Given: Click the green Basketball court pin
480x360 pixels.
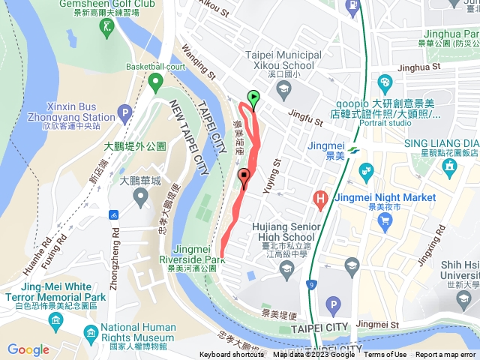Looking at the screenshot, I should click(x=155, y=81).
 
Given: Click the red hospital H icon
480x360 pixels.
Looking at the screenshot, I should click(x=320, y=199).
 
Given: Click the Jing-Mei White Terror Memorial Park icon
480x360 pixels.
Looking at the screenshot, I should click(x=55, y=321).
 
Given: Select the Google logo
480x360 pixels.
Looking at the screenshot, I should click(x=28, y=349).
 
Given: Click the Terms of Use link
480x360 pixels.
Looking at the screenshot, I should click(x=385, y=355).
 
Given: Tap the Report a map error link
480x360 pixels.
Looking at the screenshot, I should click(x=446, y=355).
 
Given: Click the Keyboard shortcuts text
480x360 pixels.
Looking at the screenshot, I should click(x=232, y=355).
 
